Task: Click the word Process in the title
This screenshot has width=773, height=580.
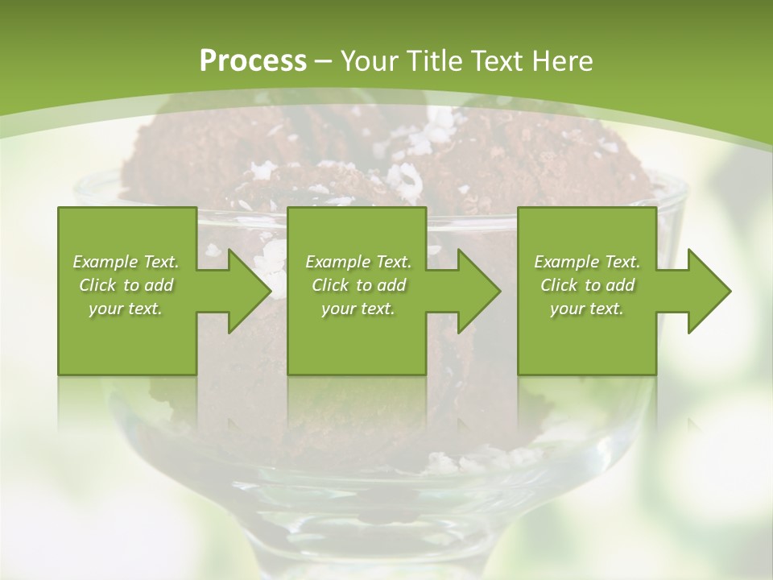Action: (253, 60)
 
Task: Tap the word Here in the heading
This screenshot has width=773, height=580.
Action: (563, 60)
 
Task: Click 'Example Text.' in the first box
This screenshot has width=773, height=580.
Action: (126, 262)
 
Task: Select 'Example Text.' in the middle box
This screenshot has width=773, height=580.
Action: (358, 262)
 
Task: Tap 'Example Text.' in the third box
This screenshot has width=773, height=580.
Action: (587, 262)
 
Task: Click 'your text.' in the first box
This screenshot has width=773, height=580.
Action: (126, 309)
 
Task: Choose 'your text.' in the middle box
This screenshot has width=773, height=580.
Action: (358, 309)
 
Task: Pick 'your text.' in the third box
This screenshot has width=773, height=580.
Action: (587, 309)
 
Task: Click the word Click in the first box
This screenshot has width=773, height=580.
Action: (97, 285)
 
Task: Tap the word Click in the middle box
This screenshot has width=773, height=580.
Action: (329, 285)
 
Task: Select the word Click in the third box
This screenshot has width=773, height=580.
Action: (558, 285)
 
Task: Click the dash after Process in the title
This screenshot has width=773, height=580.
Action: (324, 61)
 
